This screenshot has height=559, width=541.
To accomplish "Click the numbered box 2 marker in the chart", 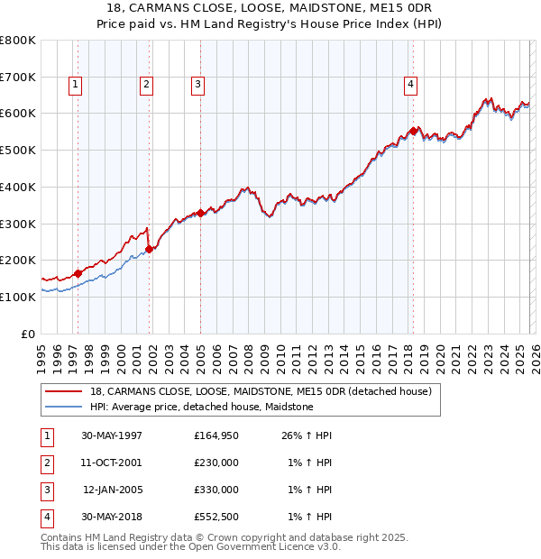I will click(x=145, y=85).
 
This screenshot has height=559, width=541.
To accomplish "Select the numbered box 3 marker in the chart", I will click(x=197, y=85).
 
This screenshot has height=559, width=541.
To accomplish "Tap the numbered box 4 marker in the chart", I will click(x=410, y=85).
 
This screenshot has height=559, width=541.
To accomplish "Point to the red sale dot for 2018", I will click(x=414, y=131).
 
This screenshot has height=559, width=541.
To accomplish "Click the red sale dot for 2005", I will click(x=200, y=213).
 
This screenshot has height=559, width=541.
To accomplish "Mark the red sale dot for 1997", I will click(x=78, y=273).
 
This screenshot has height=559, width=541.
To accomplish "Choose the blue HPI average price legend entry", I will click(x=201, y=408).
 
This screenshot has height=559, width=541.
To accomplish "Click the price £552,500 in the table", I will click(x=216, y=518).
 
